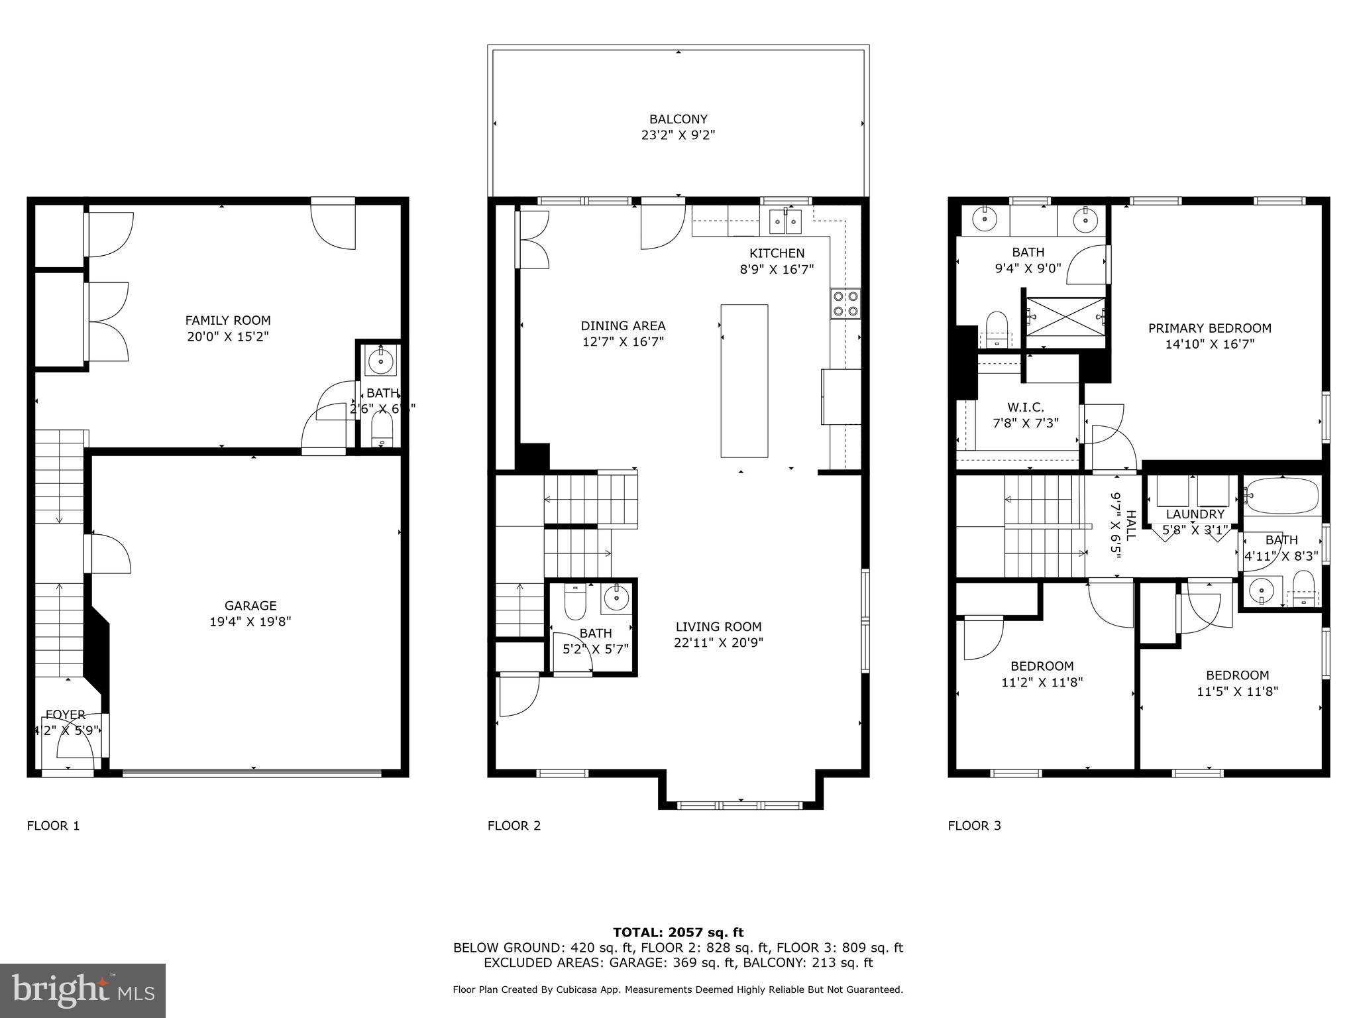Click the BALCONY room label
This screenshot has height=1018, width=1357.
point(678,119)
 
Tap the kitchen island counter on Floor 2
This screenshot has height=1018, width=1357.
point(744,380)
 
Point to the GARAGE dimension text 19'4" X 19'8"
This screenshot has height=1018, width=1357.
point(250,622)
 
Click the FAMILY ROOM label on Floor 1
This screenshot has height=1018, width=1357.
point(227,321)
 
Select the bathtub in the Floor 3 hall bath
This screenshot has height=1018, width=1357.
point(1282,496)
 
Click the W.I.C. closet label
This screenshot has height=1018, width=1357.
point(1025,407)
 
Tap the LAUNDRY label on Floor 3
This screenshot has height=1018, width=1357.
point(1195,514)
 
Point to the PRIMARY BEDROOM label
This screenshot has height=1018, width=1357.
point(1209,328)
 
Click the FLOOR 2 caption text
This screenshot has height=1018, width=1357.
point(514,826)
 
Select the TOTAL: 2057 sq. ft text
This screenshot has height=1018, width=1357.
point(678,933)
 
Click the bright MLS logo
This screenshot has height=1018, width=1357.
point(83,991)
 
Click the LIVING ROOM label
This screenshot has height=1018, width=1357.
point(718,626)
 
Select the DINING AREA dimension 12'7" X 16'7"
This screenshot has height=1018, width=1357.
point(623,342)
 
